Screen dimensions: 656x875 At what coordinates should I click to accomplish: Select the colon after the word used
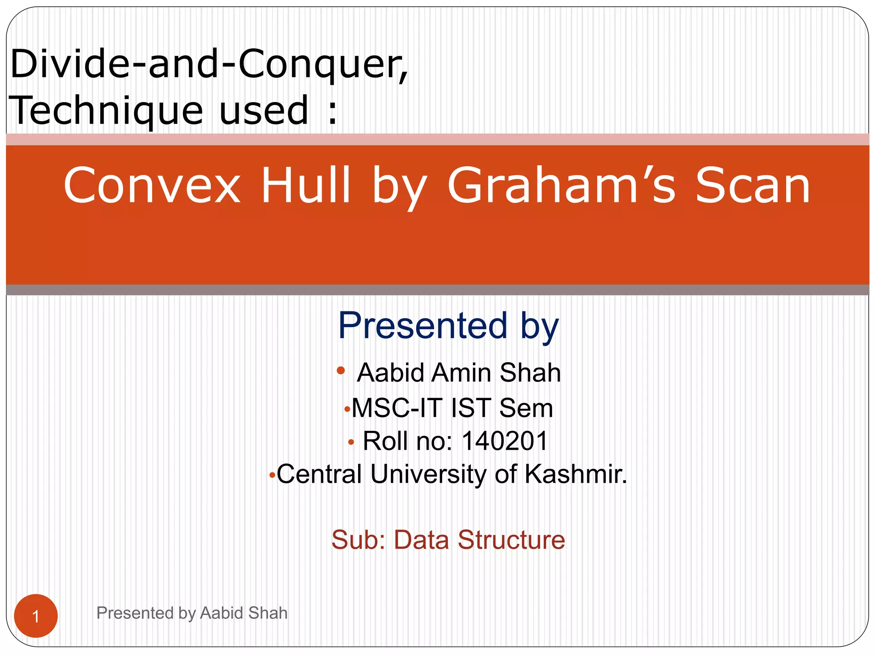click(332, 112)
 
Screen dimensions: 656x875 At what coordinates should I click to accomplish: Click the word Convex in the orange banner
click(152, 186)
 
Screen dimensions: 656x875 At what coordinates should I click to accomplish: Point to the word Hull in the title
click(306, 186)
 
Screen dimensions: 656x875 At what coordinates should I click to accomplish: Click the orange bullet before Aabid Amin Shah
click(341, 370)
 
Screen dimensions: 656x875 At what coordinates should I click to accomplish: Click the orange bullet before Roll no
click(351, 442)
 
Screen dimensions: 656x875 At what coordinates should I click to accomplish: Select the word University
click(428, 474)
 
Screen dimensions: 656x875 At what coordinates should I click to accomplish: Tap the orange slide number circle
click(36, 616)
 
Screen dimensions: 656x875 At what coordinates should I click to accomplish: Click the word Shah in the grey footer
click(268, 613)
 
